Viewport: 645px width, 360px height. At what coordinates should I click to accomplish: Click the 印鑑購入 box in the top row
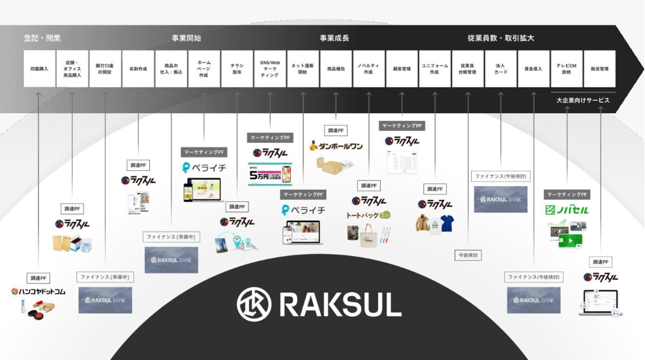click(39, 68)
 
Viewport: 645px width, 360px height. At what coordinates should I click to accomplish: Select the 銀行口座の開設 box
click(105, 68)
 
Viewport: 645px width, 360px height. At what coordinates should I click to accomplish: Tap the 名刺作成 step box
click(138, 68)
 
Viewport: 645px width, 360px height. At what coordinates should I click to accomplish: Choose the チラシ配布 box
click(237, 68)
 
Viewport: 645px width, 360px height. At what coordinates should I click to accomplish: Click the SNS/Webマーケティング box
click(270, 68)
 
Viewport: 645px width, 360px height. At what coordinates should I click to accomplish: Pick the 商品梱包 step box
click(336, 68)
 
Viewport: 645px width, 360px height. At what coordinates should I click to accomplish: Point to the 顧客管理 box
click(402, 68)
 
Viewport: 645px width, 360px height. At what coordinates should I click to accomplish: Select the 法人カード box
click(501, 68)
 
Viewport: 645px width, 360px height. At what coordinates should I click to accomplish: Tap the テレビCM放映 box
click(567, 68)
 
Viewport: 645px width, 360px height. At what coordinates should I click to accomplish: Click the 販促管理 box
click(599, 68)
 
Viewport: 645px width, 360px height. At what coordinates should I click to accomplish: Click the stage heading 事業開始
click(186, 38)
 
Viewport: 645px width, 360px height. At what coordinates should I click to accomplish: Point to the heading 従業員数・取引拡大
click(501, 38)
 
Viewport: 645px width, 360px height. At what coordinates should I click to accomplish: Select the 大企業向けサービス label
click(583, 100)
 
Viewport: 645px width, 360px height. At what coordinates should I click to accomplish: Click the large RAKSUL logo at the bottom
click(319, 304)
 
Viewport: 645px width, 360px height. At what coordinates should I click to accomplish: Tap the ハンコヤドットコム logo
click(39, 292)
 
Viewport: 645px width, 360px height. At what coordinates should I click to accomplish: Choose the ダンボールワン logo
click(336, 146)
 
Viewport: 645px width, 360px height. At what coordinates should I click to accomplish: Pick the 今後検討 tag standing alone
click(468, 255)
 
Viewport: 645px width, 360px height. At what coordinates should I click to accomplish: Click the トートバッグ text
click(362, 215)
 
